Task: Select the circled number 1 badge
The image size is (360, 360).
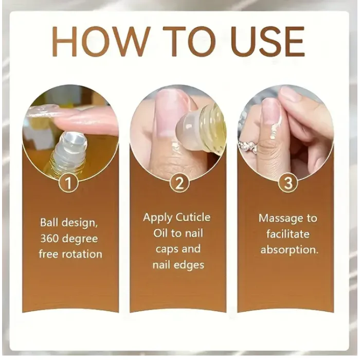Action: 68,183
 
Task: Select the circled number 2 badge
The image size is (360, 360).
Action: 179,183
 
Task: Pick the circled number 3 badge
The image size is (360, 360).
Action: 287,183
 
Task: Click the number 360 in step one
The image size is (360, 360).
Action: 49,239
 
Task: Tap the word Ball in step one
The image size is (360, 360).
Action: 49,222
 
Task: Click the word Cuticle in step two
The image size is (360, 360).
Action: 193,217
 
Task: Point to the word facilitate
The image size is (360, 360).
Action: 287,234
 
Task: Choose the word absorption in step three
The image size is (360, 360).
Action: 289,250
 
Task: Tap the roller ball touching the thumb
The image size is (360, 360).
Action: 188,129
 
